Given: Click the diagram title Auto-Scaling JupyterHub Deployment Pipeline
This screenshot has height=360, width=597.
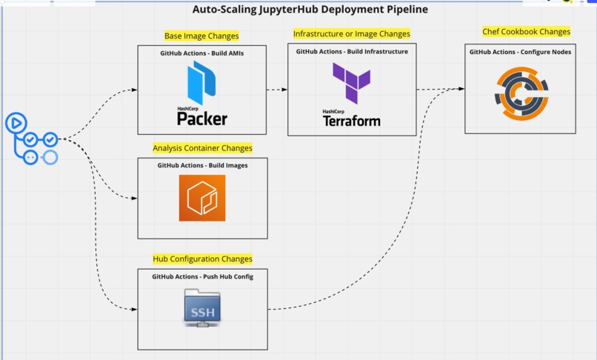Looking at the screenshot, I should (x=310, y=10).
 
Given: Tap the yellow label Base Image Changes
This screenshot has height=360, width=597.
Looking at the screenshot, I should (x=201, y=36).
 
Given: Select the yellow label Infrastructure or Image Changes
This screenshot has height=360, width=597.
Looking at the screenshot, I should (x=351, y=34).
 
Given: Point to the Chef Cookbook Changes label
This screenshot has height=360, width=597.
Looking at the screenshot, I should (x=526, y=32).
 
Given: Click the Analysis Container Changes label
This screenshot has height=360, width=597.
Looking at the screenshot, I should (x=202, y=148).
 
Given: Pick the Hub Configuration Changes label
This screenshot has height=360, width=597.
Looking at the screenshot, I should (x=202, y=259).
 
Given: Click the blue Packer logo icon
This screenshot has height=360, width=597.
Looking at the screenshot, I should (x=201, y=82).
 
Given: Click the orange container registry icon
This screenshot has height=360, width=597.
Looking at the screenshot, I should (x=201, y=198).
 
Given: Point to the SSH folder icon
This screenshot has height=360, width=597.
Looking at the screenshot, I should (x=201, y=307).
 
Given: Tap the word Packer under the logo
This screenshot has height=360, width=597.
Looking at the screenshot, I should (x=201, y=119).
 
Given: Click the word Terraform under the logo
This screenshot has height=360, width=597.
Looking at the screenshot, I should (x=351, y=121).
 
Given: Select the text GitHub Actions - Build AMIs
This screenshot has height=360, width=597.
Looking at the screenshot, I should (x=201, y=54).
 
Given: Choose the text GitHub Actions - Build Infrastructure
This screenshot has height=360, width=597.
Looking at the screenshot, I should (x=351, y=52).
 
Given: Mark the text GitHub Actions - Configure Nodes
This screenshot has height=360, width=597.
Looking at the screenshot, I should (x=519, y=52).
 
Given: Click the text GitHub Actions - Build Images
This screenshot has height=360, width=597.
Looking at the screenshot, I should (x=202, y=165).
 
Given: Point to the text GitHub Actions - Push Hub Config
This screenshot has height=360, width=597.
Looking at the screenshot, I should (x=201, y=276).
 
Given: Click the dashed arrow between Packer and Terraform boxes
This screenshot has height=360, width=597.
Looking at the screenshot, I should (x=277, y=90).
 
